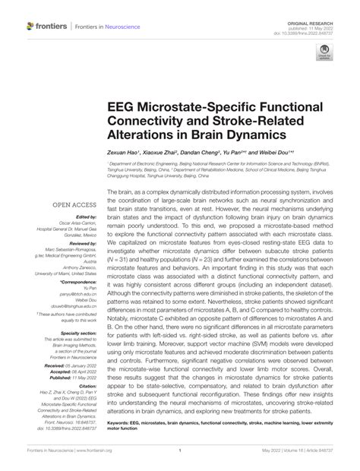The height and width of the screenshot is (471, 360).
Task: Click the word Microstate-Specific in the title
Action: (x=195, y=106)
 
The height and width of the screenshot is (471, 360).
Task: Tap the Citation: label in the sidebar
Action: (x=84, y=386)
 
